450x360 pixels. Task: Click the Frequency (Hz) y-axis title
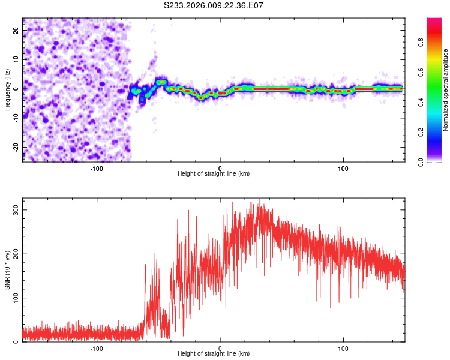[7, 89]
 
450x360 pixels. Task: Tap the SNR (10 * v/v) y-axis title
[7, 270]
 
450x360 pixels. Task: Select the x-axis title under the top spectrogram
[214, 173]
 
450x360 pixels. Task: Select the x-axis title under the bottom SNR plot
[214, 353]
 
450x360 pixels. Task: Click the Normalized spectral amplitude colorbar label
[446, 90]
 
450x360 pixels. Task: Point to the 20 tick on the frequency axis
[16, 30]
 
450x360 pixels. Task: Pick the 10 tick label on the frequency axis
[16, 59]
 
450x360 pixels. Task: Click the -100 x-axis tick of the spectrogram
[97, 168]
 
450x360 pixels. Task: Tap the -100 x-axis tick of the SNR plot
[97, 348]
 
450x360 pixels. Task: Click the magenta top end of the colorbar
[434, 21]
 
